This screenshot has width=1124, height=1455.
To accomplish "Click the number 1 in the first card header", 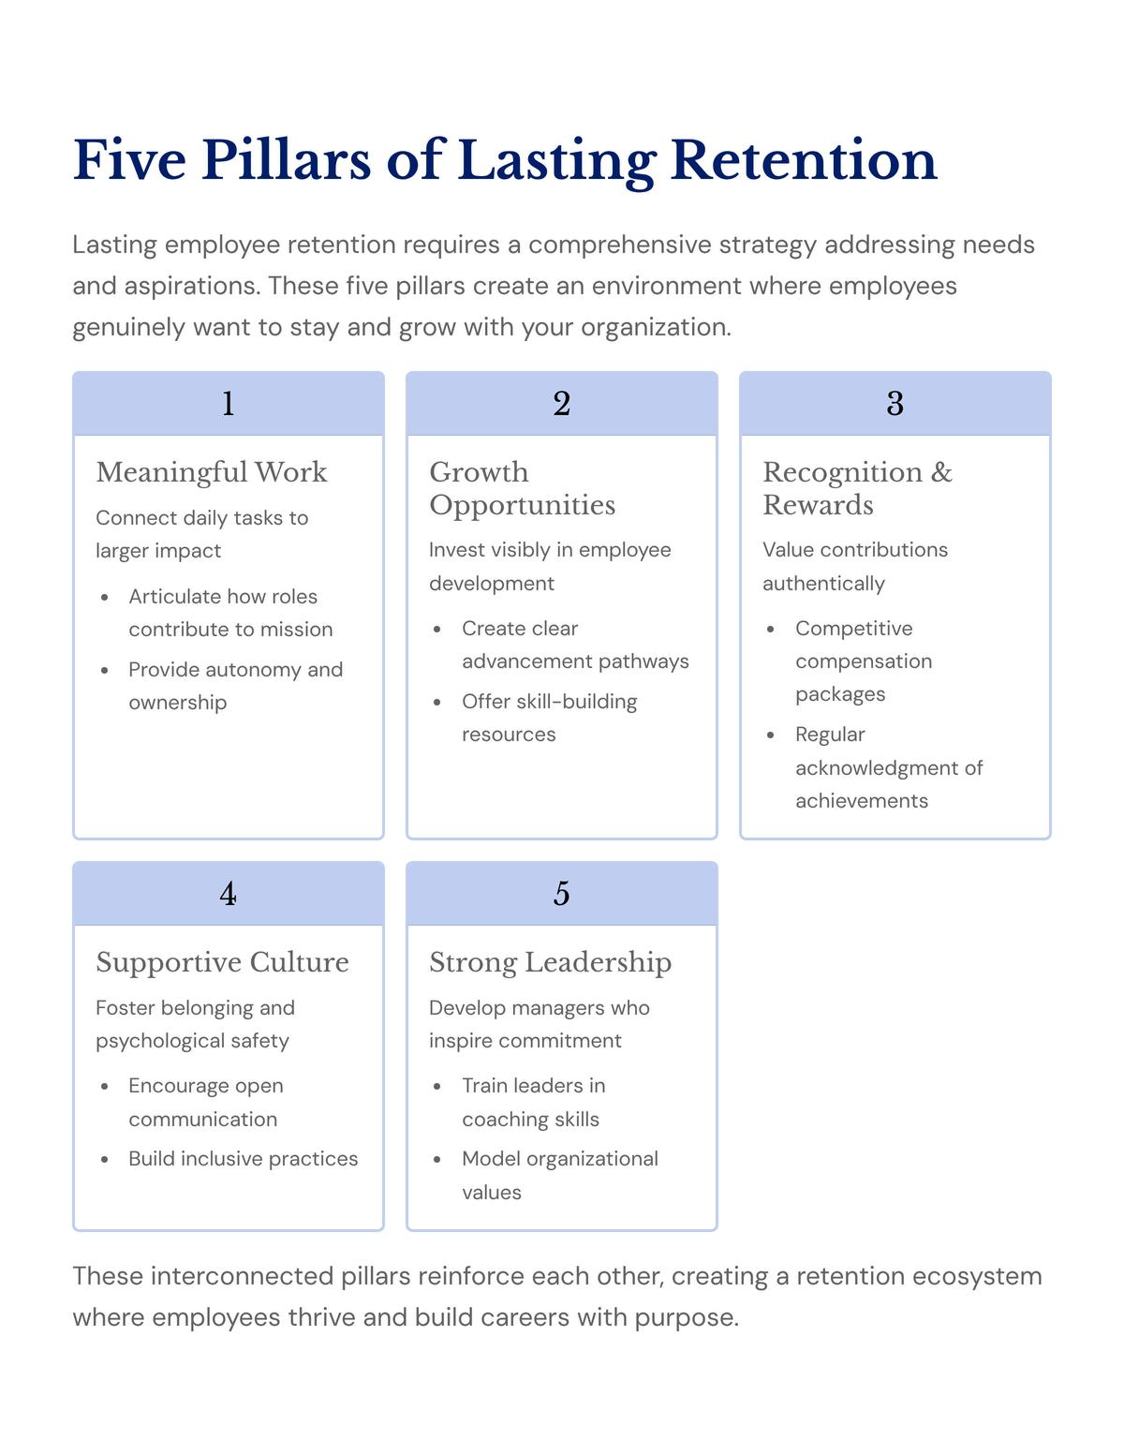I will pos(228,404).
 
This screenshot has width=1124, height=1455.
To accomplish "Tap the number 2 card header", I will pos(561,404).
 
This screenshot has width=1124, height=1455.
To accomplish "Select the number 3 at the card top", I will pos(895,404).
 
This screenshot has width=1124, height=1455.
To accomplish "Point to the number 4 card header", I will pos(228,894).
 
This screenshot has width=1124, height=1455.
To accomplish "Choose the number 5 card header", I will pos(561,894).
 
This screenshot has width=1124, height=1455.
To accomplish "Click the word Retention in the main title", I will pos(804,160).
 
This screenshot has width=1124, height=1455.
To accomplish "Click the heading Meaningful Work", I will pos(212,472).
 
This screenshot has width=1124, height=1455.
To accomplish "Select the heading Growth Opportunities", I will pos(522,488).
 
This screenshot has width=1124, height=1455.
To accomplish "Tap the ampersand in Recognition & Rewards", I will pos(941,472).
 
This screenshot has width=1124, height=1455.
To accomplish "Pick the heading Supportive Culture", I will pos(222,962).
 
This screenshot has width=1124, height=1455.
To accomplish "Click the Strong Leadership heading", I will pos(550,962).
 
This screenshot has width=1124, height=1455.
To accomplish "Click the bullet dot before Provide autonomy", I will pos(105,671).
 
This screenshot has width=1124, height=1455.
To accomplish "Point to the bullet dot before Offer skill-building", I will pos(437,703).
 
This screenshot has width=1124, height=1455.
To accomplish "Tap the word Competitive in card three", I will pos(853,629).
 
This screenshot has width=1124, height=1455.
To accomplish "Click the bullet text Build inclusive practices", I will pos(243,1159).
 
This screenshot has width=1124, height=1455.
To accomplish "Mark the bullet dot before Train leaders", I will pos(437,1087).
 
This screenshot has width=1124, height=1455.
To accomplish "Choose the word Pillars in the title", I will pos(286,160).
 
